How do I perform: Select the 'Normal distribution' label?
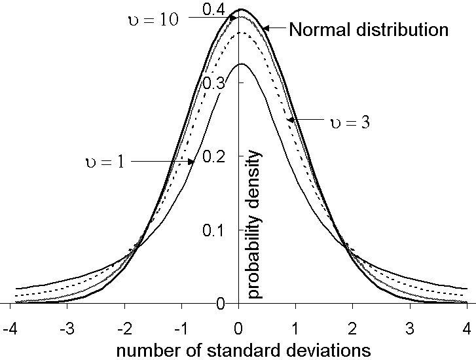coord(368,29)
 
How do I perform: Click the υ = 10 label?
coord(150,19)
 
